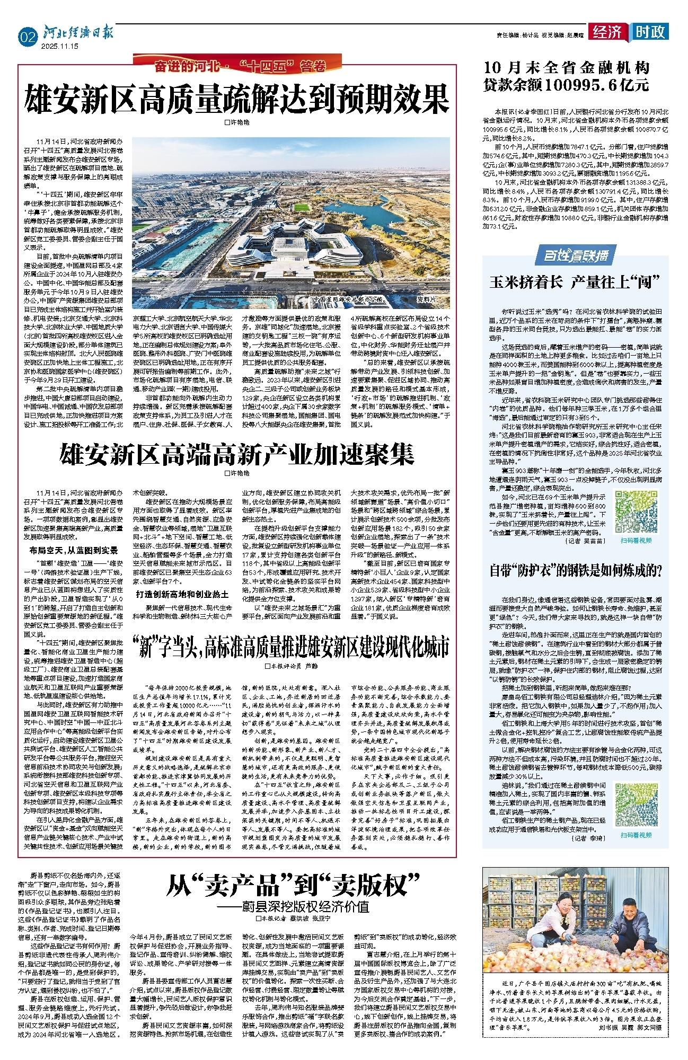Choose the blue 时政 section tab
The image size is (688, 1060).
[x=649, y=33]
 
